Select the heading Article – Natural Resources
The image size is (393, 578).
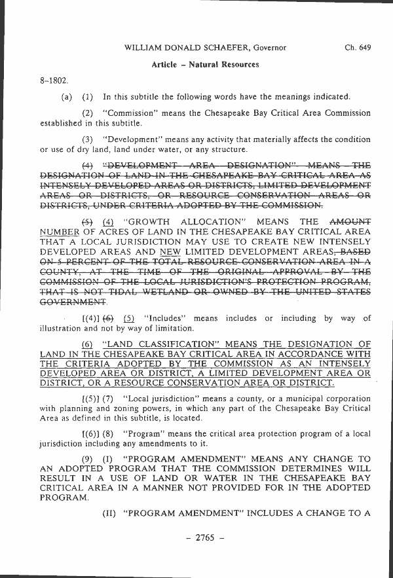[205, 65]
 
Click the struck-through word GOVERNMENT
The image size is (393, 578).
[73, 303]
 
